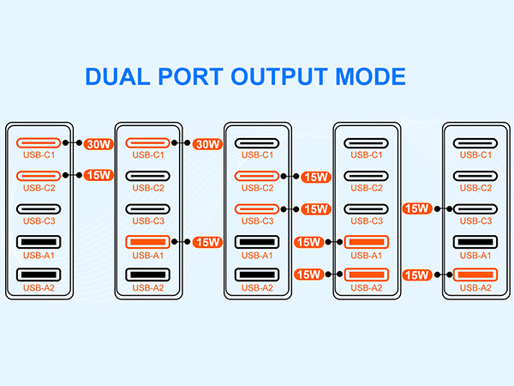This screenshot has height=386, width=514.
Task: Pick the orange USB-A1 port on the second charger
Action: [x=149, y=242]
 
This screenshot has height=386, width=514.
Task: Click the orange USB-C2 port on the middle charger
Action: [x=258, y=176]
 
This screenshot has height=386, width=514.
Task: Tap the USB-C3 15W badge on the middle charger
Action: [x=316, y=208]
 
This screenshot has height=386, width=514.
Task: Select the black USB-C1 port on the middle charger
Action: [x=258, y=143]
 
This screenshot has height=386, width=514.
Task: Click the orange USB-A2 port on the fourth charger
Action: [x=367, y=274]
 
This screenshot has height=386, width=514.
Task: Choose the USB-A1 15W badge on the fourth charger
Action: [x=308, y=242]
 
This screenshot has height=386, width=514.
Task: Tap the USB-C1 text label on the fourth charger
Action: [x=367, y=155]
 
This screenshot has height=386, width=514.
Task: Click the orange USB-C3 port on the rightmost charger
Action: [x=475, y=208]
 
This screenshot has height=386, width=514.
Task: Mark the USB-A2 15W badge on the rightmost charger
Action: [x=416, y=274]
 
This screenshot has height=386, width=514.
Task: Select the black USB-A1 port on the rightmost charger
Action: [x=475, y=242]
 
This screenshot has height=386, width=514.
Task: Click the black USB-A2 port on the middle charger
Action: [x=258, y=274]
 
